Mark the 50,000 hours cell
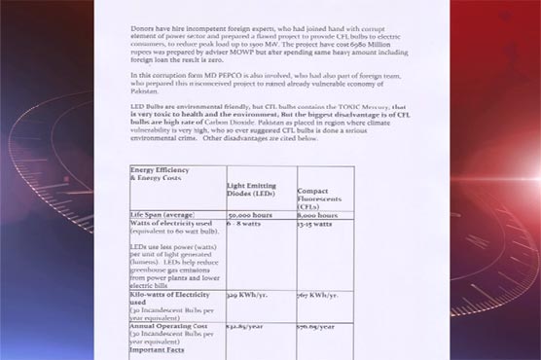pyautogui.click(x=249, y=213)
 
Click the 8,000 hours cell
pyautogui.click(x=318, y=213)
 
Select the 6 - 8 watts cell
pyautogui.click(x=242, y=224)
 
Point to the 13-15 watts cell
pyautogui.click(x=315, y=224)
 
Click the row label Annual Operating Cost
pyautogui.click(x=171, y=326)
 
